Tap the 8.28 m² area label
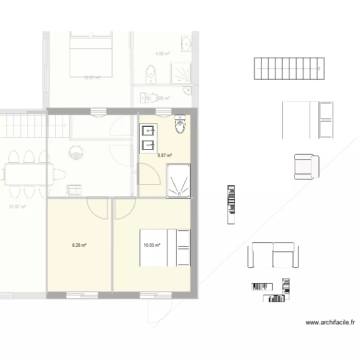coord(79,245)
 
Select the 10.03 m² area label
coord(152,245)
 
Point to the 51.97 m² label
coord(18,207)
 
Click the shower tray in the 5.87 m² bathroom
coord(178,180)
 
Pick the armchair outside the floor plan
coord(306,167)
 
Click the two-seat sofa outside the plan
coord(273,255)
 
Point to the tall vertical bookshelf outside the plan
coord(231,204)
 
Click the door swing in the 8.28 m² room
coord(97,207)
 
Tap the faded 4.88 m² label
coord(163,54)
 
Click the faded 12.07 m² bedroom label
coord(92,77)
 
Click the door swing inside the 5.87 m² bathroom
coord(149,174)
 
